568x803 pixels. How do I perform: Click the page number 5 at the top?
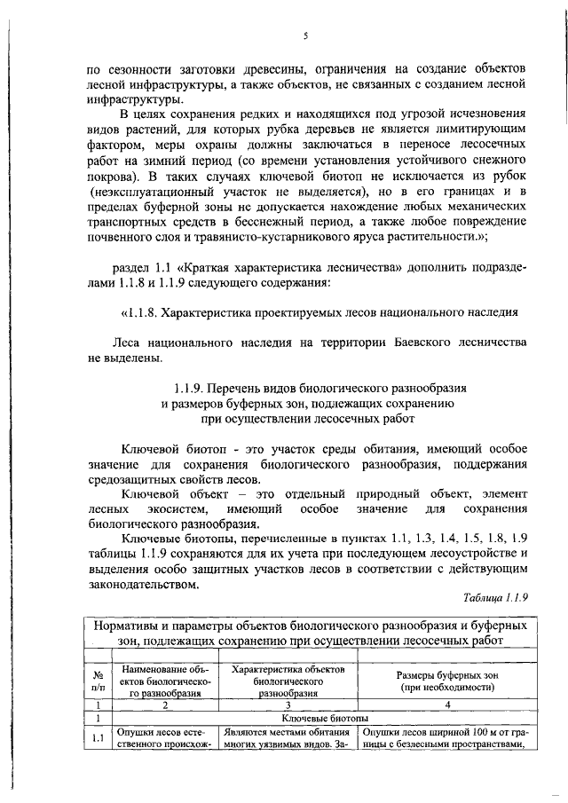click(x=304, y=36)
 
